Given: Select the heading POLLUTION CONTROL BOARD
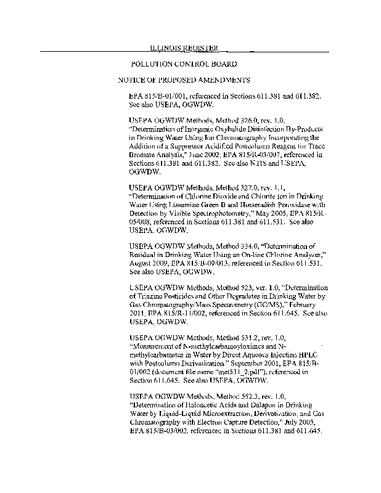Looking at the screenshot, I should click(x=184, y=64).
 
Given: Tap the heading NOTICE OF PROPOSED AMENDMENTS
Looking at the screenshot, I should click(x=184, y=80).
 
